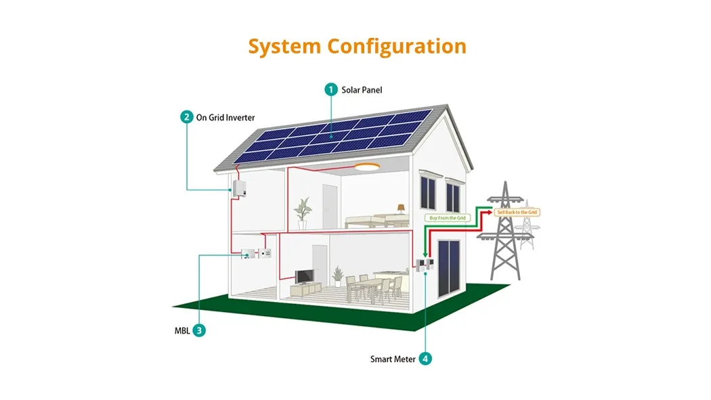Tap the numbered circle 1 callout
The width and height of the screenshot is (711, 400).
click(x=331, y=89)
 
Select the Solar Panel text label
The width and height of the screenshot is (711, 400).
click(x=362, y=89)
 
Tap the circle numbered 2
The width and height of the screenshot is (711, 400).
click(x=186, y=116)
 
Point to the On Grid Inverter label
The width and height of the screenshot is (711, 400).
click(x=225, y=117)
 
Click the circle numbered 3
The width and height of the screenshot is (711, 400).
click(x=199, y=330)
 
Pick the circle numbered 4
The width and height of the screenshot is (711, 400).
click(x=425, y=359)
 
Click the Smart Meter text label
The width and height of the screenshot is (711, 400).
click(x=393, y=359)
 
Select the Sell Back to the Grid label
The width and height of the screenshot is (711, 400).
click(x=518, y=213)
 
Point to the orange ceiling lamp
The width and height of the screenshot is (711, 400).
click(x=368, y=166)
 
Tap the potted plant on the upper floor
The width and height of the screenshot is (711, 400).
click(x=302, y=211)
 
